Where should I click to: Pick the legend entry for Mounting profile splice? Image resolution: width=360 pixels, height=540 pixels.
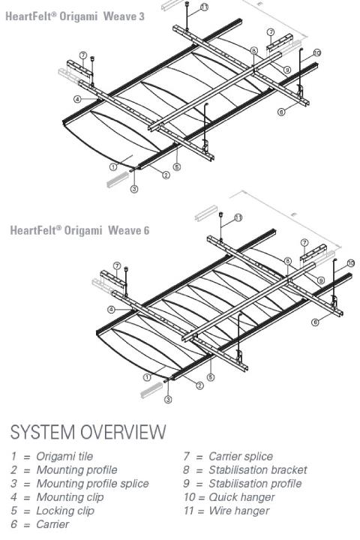click(x=78, y=483)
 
